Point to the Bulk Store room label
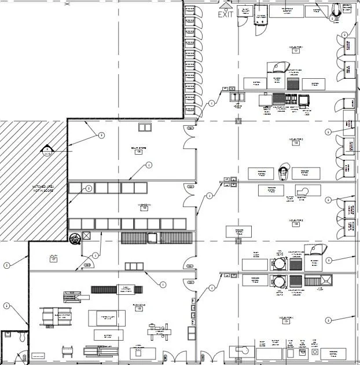tap(139, 149)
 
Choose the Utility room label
tap(53, 259)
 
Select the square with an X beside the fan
tap(87, 236)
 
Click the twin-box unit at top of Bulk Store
tap(144, 127)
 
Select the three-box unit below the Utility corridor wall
tap(134, 266)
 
